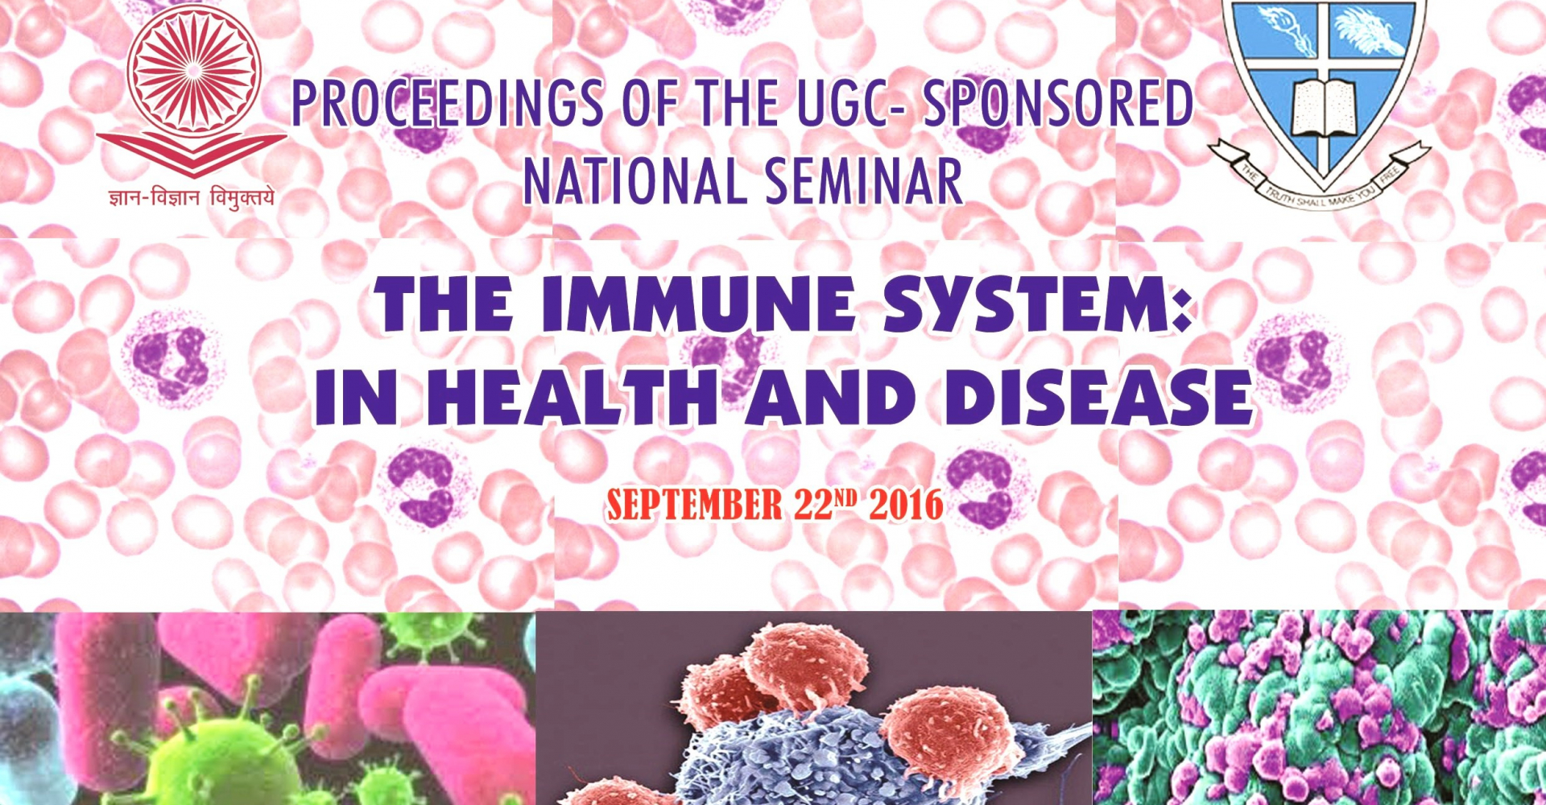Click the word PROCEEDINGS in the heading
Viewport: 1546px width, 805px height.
(x=447, y=103)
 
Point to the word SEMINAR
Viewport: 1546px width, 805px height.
(x=864, y=181)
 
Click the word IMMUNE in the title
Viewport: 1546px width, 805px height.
(x=697, y=303)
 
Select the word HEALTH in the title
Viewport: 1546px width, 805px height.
(x=573, y=398)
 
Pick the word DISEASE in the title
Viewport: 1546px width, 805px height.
(x=1099, y=398)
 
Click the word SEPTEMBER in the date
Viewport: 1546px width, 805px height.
(x=694, y=506)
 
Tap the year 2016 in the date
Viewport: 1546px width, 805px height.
(x=906, y=506)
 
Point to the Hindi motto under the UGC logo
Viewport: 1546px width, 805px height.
(x=192, y=197)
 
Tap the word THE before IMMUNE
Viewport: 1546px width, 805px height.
(x=444, y=303)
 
